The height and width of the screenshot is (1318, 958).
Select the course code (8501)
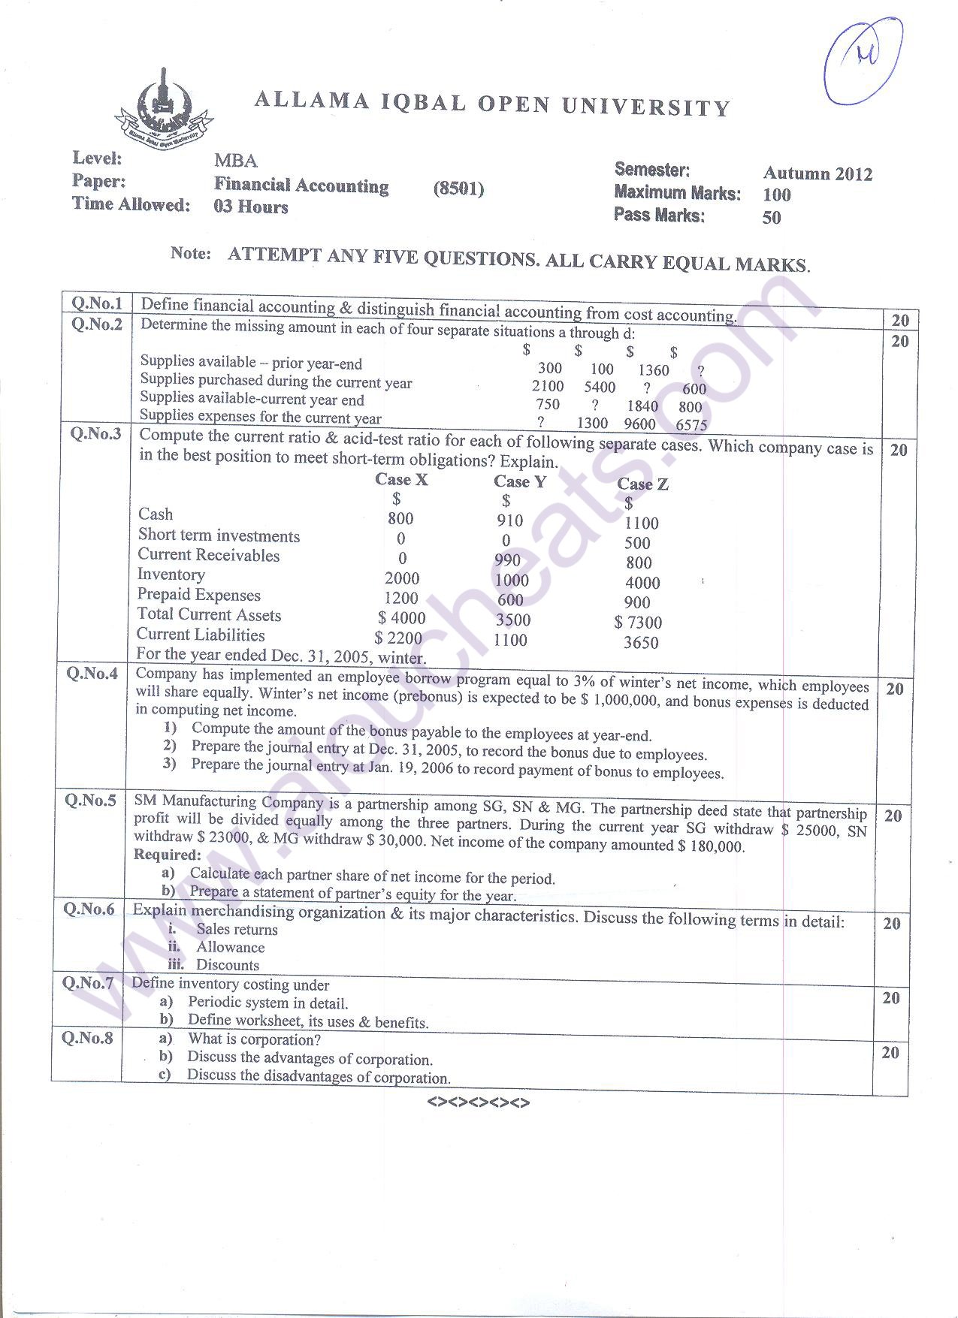pos(458,189)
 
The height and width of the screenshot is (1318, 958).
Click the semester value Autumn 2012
pos(817,173)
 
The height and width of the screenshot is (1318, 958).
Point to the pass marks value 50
pos(771,218)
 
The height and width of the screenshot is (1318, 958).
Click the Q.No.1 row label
pos(96,303)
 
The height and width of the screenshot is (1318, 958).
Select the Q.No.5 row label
pos(90,801)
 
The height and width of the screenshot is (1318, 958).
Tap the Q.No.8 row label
pos(87,1039)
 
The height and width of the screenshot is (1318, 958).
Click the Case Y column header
pos(519,481)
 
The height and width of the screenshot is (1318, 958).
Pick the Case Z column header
pos(642,484)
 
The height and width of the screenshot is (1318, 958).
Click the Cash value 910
pos(509,520)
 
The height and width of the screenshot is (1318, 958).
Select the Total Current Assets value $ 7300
pos(638,623)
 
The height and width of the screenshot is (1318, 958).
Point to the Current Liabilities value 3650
pos(641,643)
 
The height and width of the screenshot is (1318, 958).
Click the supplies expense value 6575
pos(691,425)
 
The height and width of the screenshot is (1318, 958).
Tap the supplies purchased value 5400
pos(600,388)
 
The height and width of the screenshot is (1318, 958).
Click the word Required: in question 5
pos(167,855)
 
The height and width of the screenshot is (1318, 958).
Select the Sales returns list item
pos(237,930)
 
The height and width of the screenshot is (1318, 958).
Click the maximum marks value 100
pos(776,195)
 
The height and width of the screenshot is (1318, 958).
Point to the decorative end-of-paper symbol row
pos(478,1102)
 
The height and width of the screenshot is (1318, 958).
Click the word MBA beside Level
pos(235,161)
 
